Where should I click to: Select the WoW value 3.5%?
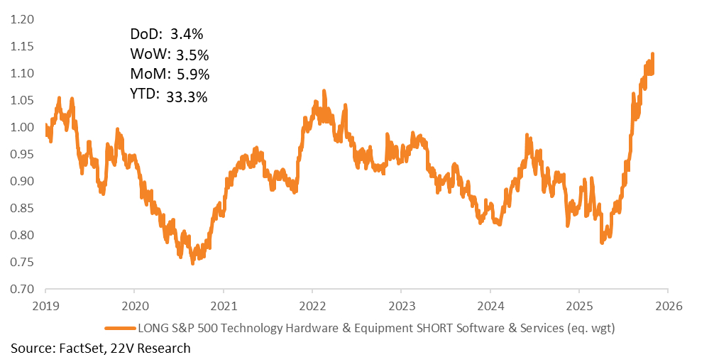pyautogui.click(x=191, y=55)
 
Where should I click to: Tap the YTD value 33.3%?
pyautogui.click(x=187, y=97)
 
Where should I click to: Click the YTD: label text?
pyautogui.click(x=145, y=94)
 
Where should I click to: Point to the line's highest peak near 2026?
pyautogui.click(x=652, y=54)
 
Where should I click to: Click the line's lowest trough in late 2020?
pyautogui.click(x=192, y=263)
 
